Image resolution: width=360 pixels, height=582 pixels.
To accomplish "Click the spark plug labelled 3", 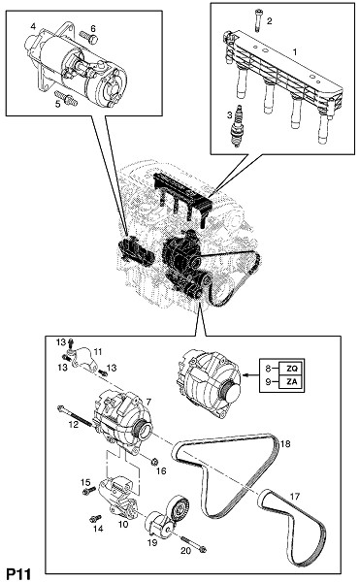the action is (237, 126).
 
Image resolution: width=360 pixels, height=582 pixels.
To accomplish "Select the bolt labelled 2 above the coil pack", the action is (258, 19).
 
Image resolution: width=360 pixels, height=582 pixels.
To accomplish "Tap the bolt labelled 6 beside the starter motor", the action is (88, 37).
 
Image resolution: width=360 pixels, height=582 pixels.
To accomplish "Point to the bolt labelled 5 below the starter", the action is (66, 98).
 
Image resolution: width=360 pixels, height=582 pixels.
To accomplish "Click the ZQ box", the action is (292, 369).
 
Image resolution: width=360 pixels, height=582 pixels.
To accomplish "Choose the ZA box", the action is (292, 382).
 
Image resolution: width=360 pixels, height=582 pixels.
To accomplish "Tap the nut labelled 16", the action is (155, 462).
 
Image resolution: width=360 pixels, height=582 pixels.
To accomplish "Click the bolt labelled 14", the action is (96, 518).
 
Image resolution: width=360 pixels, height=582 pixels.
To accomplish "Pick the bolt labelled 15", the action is (89, 491).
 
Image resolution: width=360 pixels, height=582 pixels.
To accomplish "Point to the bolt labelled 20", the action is (194, 544).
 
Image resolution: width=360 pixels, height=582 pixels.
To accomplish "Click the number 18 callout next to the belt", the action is (285, 443).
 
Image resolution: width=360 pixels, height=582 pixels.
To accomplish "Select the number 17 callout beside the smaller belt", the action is (295, 497).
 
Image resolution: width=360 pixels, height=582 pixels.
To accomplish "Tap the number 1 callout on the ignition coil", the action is (295, 52).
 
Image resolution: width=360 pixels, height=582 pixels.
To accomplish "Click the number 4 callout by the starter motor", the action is (33, 26).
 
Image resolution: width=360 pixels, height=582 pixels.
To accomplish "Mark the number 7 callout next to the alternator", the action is (148, 402).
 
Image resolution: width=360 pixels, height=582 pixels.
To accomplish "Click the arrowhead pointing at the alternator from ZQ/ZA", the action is (245, 375).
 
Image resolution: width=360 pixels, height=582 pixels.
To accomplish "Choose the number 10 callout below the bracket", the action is (123, 525).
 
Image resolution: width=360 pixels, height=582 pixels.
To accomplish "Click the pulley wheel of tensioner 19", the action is (179, 507).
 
